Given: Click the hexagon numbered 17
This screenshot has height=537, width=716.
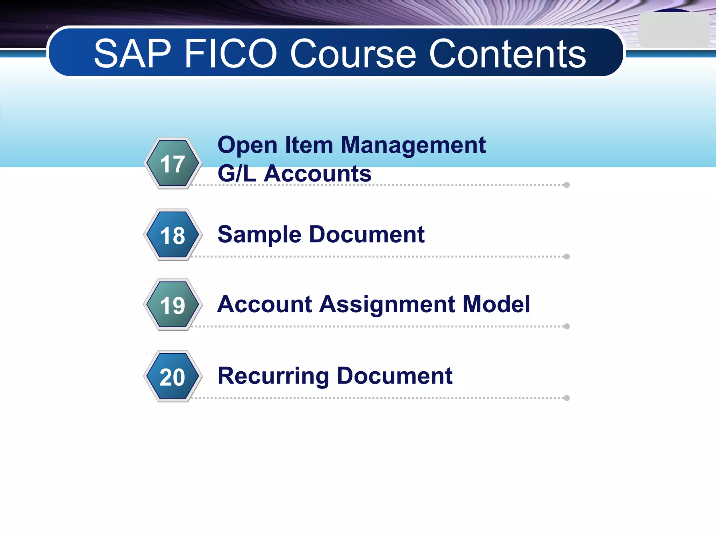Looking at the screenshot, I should [173, 163].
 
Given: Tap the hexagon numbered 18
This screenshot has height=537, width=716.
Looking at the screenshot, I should [173, 235].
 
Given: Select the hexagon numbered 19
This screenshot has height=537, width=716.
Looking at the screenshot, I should [173, 305].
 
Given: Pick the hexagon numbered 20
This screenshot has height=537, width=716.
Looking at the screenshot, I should [173, 377].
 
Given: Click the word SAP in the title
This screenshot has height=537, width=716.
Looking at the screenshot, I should [133, 54].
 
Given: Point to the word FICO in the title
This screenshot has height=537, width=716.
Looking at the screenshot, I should [231, 54].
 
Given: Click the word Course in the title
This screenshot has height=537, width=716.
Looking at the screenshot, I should [353, 54].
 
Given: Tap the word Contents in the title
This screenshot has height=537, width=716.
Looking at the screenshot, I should [507, 54].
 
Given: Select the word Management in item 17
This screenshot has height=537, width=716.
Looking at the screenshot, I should [413, 145].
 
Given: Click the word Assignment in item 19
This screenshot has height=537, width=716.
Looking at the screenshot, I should [387, 305].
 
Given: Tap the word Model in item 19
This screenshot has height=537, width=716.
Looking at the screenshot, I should [496, 304].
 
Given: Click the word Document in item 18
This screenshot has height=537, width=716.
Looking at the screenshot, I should [367, 234].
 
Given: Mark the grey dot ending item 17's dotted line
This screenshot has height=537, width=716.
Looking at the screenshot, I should [567, 185].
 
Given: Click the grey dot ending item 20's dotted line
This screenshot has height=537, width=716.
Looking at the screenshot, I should [567, 398].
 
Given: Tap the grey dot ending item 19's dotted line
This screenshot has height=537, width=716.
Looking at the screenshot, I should [567, 327].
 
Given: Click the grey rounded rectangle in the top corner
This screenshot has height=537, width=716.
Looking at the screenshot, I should [674, 30].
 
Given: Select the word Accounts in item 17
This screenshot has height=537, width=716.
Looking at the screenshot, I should [317, 174].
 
